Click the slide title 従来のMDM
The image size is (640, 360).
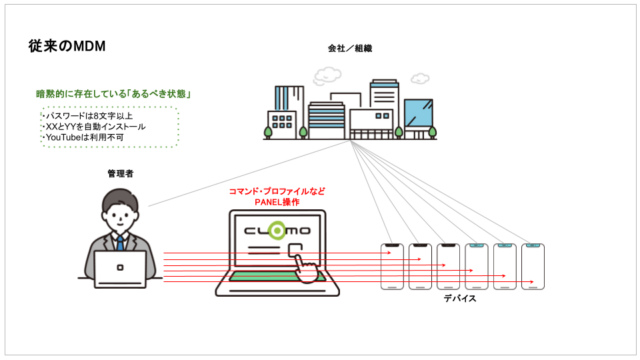pos(66,46)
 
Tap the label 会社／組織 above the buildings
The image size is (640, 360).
pos(350,49)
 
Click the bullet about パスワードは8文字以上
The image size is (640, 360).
pos(84,116)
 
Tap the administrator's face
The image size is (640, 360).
pos(121,211)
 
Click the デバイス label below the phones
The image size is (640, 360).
pos(462,298)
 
